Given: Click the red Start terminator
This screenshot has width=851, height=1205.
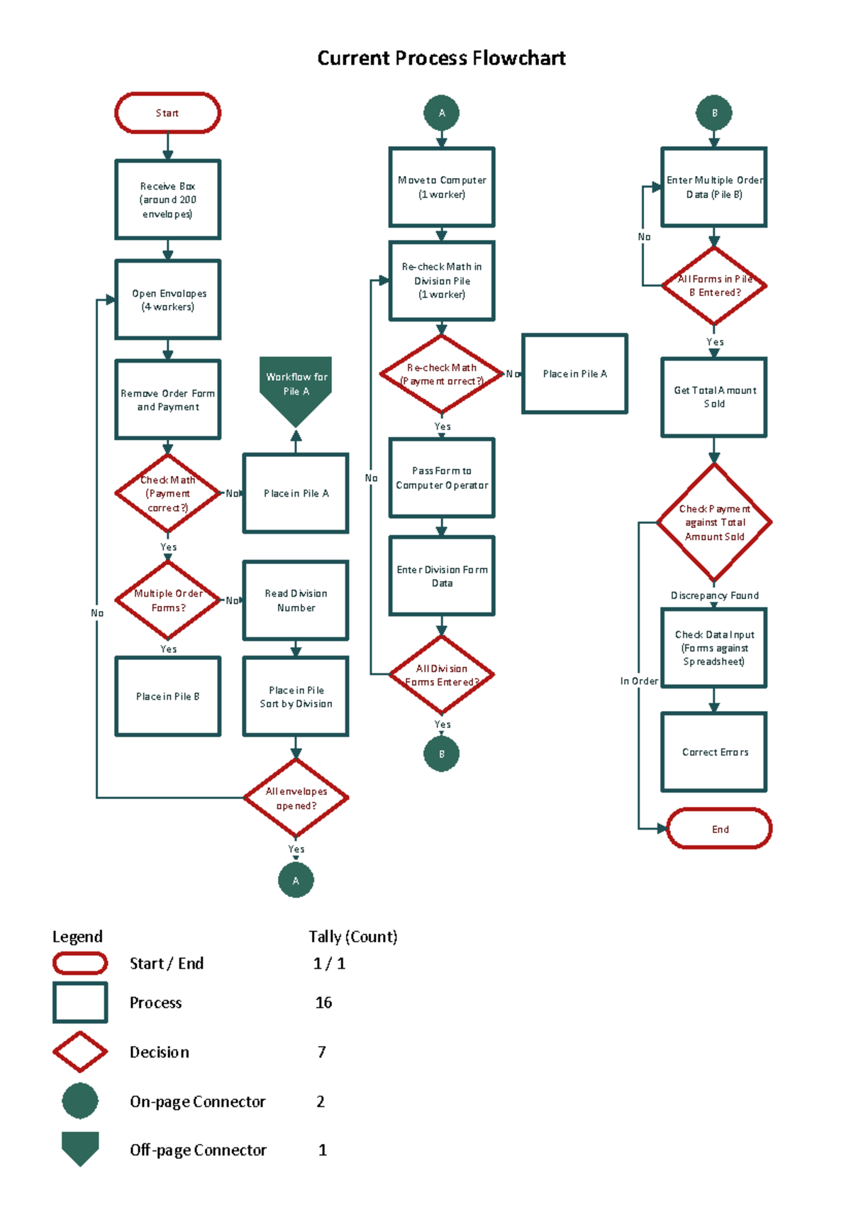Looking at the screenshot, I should click(167, 113).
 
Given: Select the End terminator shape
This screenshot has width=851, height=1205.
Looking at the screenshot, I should click(719, 828).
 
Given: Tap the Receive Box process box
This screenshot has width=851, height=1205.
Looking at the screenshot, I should click(167, 199).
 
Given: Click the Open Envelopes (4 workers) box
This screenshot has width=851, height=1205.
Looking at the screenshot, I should click(167, 299).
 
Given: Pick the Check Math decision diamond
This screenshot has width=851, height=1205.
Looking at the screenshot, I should click(167, 493).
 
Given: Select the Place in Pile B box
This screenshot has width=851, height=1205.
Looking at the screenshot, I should click(167, 696).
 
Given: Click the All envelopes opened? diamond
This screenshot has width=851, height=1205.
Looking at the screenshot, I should click(296, 798).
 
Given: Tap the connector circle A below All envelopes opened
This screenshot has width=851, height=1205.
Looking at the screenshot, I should click(296, 880).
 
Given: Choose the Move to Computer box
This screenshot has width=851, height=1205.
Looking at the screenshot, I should click(441, 187).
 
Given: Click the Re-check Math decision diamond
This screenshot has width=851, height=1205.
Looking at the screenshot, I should click(441, 374).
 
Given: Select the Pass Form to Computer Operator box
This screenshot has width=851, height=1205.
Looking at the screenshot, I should click(441, 478).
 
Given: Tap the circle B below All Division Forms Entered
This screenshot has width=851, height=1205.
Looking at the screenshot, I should click(441, 754).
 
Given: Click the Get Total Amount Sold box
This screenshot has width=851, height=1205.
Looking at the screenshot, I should click(713, 397).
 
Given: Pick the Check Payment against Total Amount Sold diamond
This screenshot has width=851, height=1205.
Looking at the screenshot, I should click(713, 522).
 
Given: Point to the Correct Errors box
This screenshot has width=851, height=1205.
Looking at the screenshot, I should click(713, 752).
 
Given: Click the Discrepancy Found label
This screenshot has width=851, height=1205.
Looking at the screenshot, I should click(714, 595).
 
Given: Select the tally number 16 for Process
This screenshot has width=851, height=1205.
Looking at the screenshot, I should click(323, 1002).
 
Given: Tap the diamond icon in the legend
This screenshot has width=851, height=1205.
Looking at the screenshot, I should click(80, 1052).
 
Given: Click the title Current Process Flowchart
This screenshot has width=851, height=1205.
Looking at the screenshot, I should click(441, 57).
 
